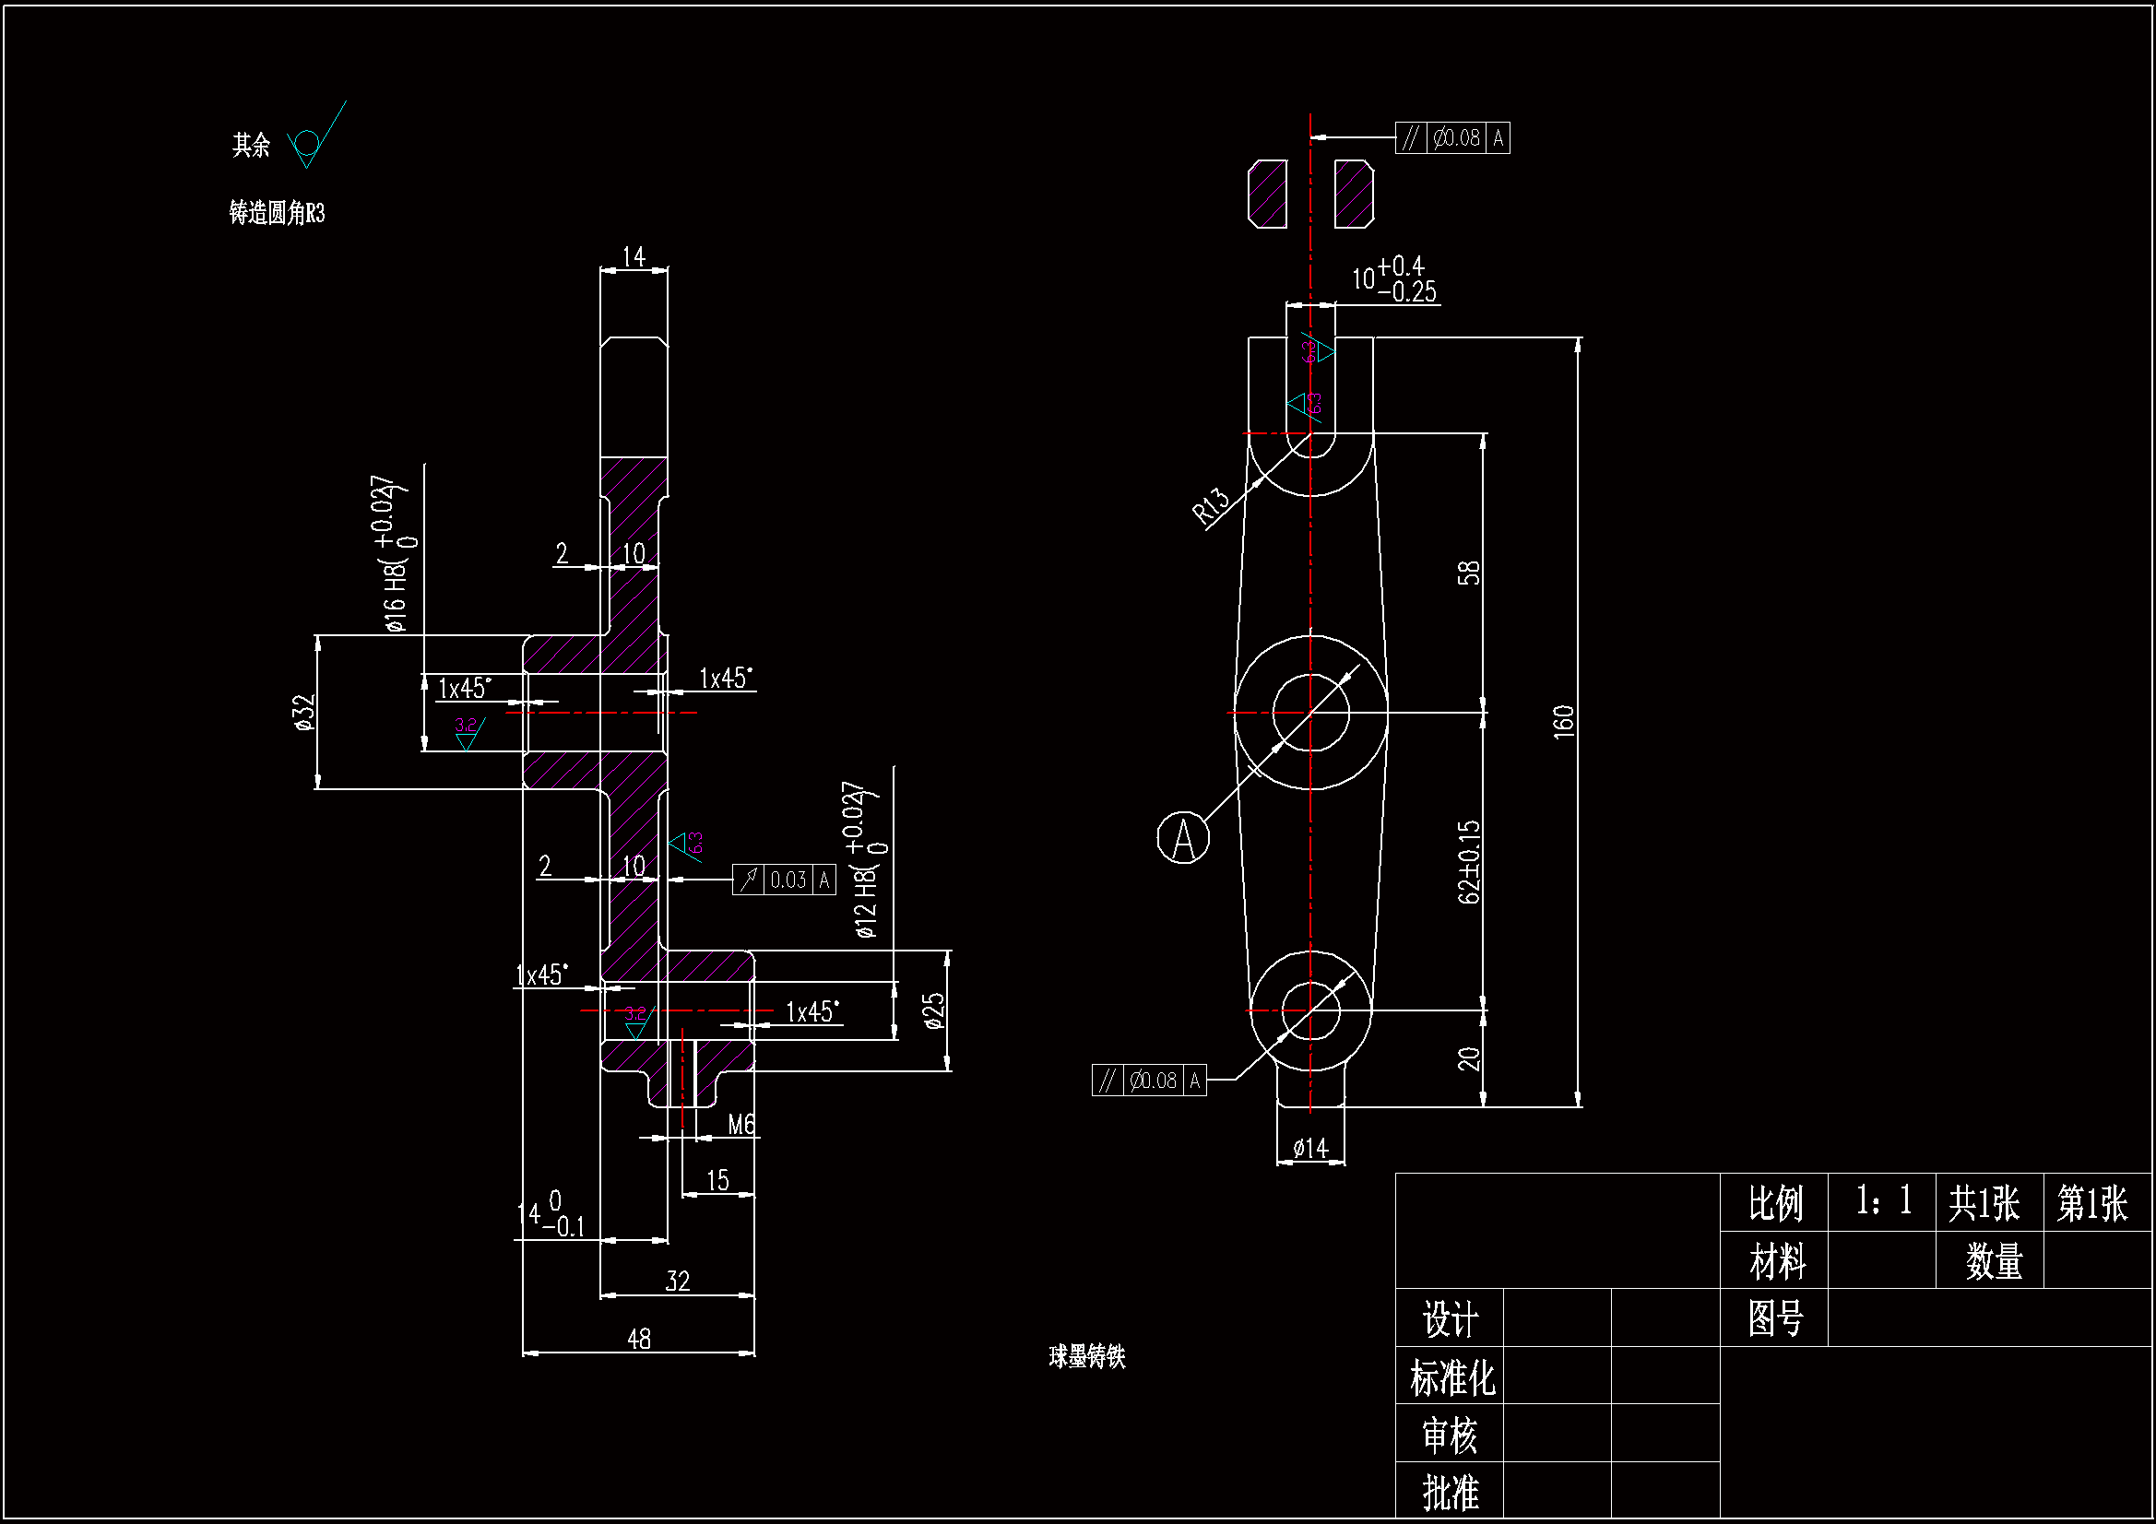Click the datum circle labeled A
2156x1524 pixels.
click(1182, 837)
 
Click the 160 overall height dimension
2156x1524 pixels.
click(1562, 721)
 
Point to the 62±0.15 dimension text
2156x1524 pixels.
click(1469, 861)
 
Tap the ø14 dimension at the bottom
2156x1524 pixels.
click(1310, 1148)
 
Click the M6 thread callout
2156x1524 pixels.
click(740, 1124)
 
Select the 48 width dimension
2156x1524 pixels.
click(638, 1338)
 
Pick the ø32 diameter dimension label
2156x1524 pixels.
click(303, 713)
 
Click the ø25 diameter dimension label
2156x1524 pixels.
click(933, 1011)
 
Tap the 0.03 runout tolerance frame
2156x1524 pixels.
click(784, 880)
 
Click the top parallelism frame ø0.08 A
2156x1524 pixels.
click(1452, 138)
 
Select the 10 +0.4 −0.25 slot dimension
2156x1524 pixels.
click(1394, 278)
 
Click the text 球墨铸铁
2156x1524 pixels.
click(1086, 1356)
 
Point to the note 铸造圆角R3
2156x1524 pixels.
click(277, 213)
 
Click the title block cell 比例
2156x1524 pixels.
click(1774, 1203)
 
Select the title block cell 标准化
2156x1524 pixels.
click(1451, 1377)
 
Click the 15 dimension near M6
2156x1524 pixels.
click(717, 1180)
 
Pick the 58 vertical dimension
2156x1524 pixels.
click(1469, 573)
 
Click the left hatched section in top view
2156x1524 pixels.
click(1267, 195)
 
